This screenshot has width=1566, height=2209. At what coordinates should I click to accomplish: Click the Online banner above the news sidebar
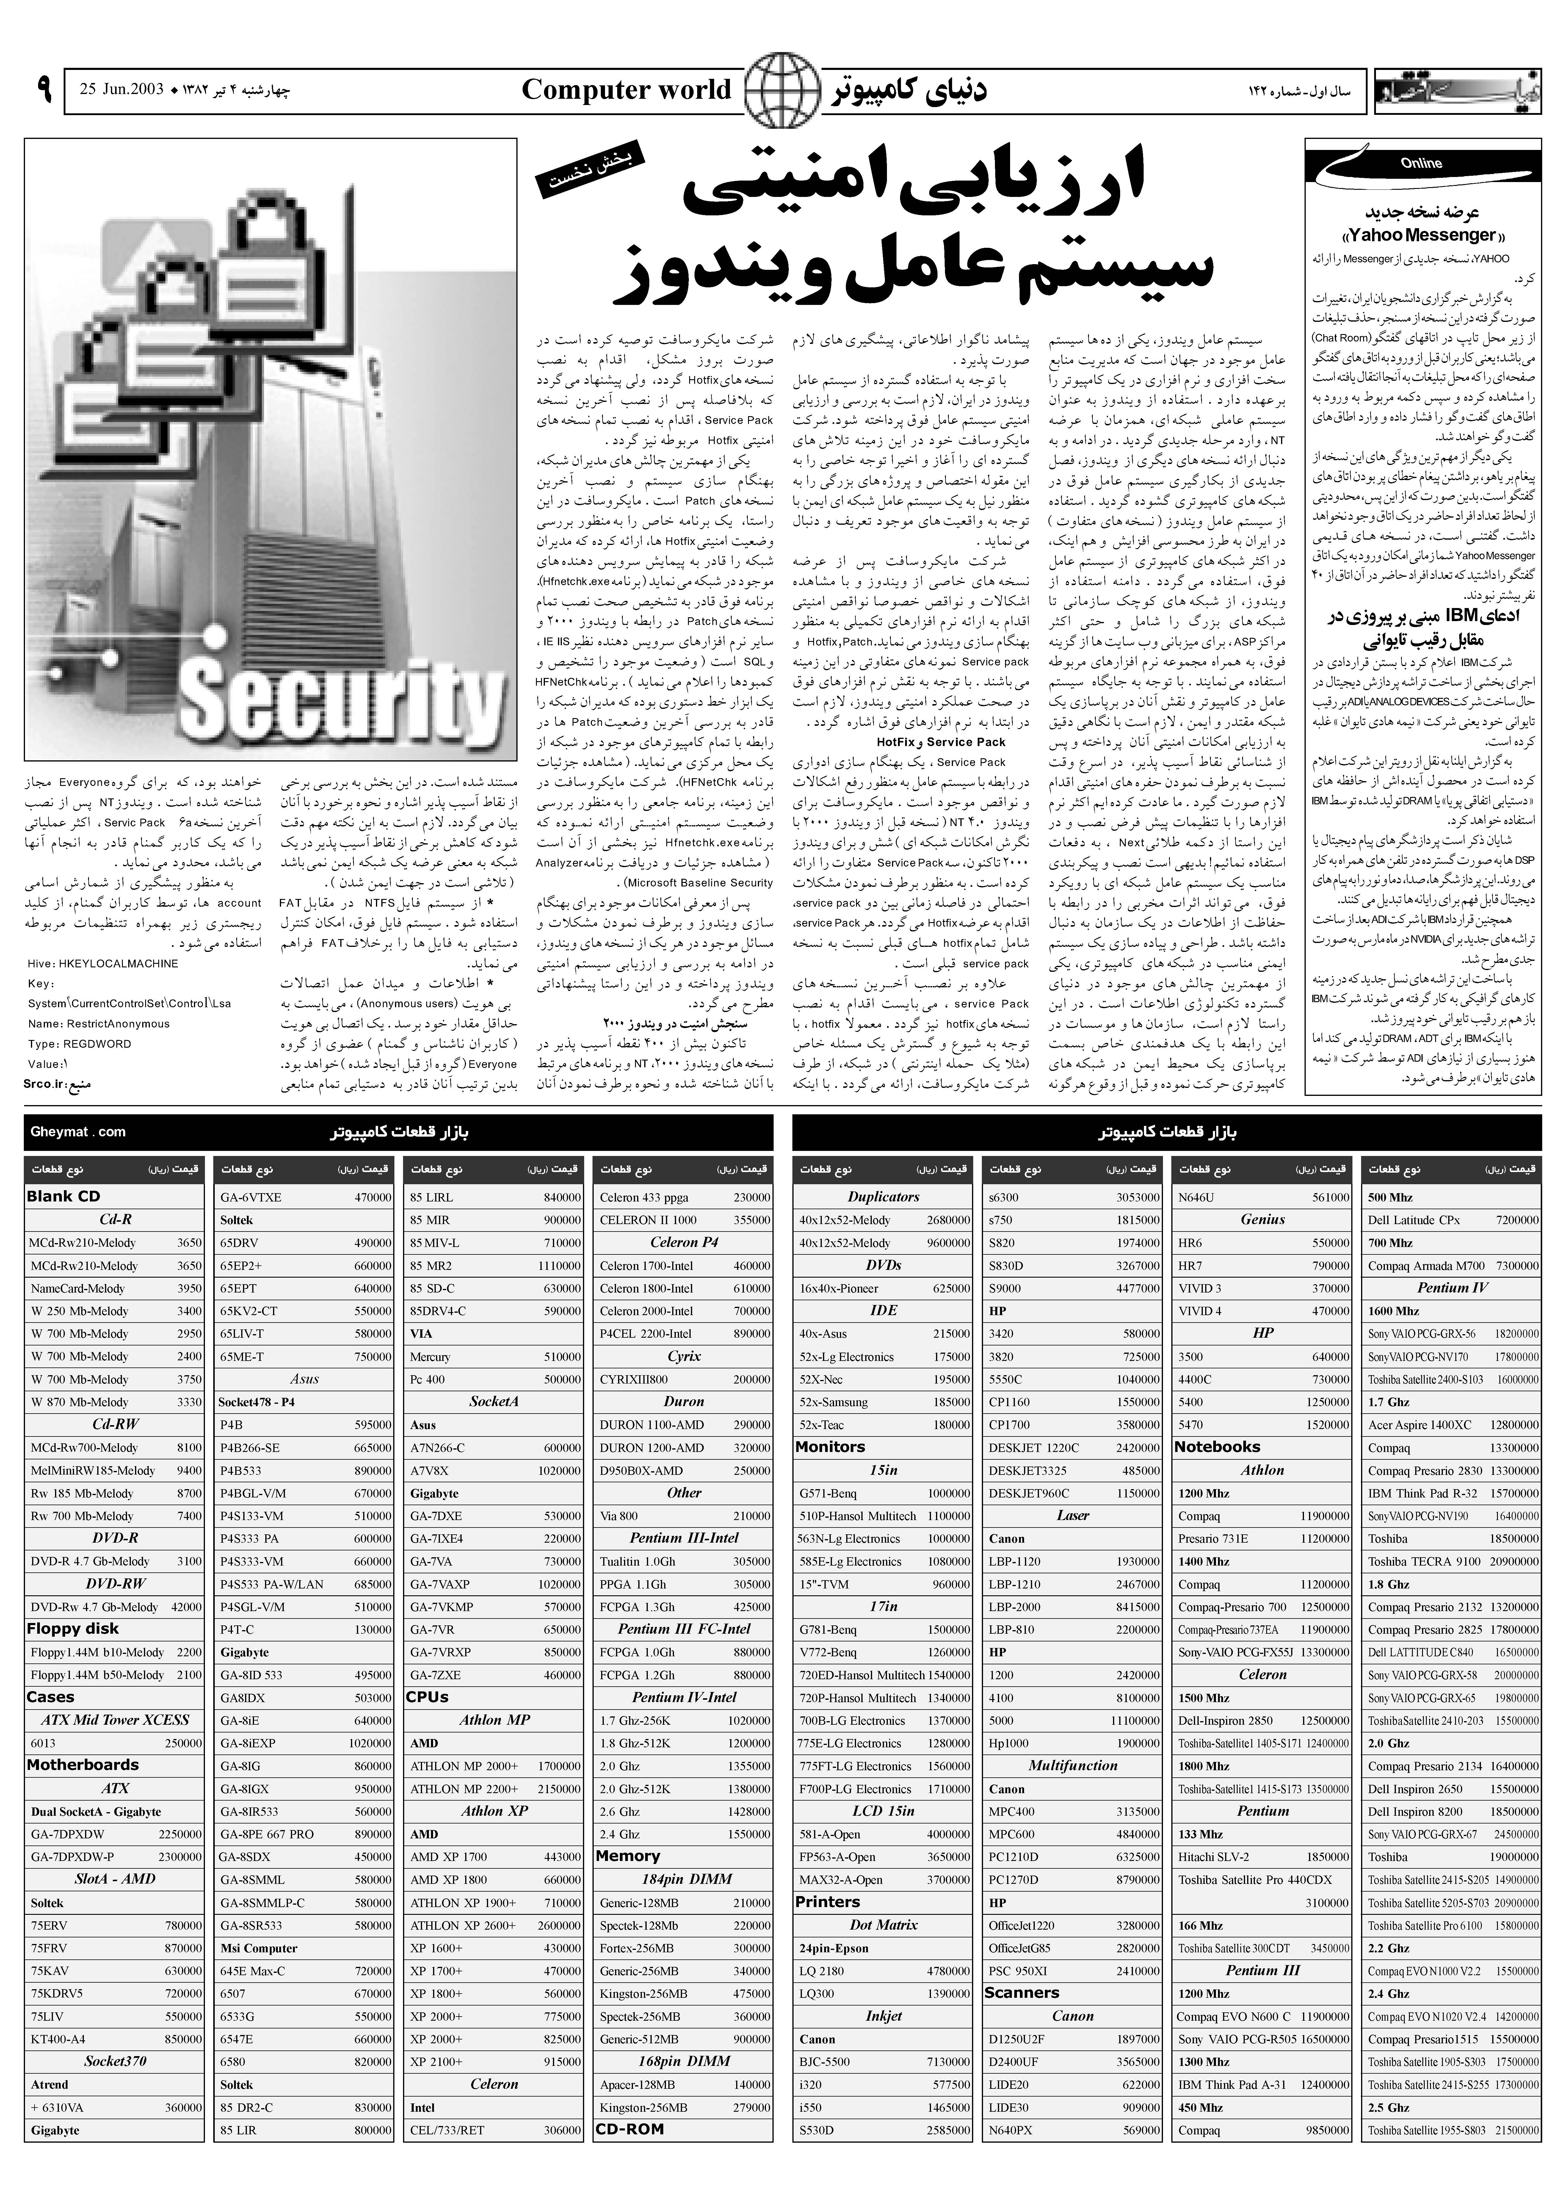(x=1422, y=164)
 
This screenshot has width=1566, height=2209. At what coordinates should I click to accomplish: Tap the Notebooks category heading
(x=1217, y=1446)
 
